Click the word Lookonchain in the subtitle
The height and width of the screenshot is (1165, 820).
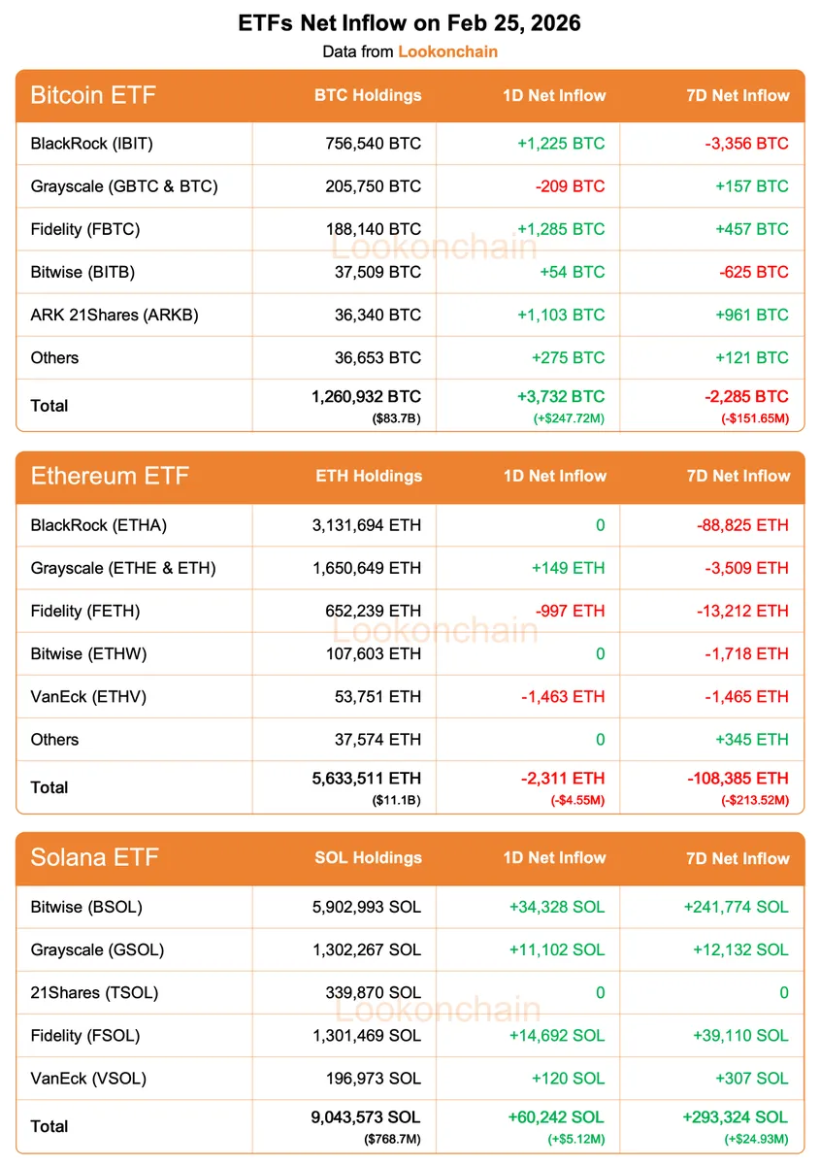coord(447,51)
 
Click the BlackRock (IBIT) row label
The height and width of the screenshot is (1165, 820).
coord(92,144)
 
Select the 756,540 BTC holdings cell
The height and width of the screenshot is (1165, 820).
coord(374,144)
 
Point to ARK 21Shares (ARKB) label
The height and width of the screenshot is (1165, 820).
coord(115,315)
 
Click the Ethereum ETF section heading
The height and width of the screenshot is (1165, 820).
coord(110,476)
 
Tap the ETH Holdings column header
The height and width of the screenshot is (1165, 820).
coord(369,476)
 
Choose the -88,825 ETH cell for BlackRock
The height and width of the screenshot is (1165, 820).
coord(742,525)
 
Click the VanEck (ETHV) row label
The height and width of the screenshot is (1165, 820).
coord(89,696)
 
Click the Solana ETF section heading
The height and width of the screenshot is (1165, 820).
coord(94,857)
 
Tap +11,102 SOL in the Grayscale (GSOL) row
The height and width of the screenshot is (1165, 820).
coord(556,949)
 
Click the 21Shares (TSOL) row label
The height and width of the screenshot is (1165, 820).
coord(94,992)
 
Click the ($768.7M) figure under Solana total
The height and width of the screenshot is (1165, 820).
coord(393,1138)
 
